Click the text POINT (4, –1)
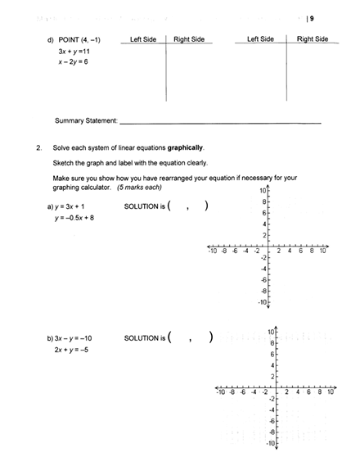[x=79, y=39]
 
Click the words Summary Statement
[x=86, y=121]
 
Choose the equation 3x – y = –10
[x=75, y=337]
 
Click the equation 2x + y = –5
[x=73, y=349]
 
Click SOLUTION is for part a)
[x=144, y=206]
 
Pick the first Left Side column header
[x=143, y=39]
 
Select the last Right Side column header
[x=312, y=38]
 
